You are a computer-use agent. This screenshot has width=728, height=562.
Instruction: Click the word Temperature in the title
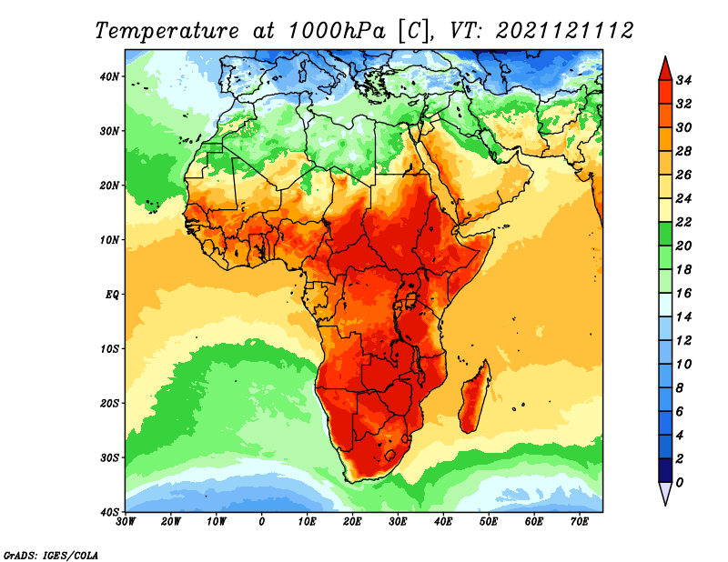pos(167,31)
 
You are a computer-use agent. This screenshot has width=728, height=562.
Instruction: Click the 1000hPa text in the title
pos(337,31)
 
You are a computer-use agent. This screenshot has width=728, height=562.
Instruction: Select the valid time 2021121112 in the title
pos(564,31)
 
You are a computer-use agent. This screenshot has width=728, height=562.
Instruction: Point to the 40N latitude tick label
pos(109,76)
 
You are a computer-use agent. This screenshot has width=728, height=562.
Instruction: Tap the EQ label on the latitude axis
pos(112,295)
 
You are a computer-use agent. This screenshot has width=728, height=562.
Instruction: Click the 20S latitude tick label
pos(109,403)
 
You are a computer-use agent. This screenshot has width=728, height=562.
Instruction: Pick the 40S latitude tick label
pos(109,512)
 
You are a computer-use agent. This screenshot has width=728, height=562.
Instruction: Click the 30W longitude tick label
pos(126,522)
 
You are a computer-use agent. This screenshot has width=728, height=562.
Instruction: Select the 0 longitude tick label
pos(262,522)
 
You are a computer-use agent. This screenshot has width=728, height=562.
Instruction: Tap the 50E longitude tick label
pos(489,522)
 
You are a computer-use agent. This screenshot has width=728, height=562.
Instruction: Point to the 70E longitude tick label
pos(580,522)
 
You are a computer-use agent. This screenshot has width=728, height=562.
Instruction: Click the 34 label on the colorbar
pos(683,80)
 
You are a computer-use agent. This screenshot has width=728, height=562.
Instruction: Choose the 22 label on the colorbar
pos(683,222)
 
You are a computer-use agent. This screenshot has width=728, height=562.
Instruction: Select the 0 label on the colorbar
pos(680,483)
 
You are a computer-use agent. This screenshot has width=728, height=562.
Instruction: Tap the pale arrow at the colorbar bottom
pos(665,492)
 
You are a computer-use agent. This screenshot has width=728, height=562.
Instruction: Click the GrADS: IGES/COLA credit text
pos(51,556)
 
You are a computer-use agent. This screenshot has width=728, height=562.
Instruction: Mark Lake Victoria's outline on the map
pos(411,300)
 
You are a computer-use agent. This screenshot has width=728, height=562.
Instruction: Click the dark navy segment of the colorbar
pos(665,470)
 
